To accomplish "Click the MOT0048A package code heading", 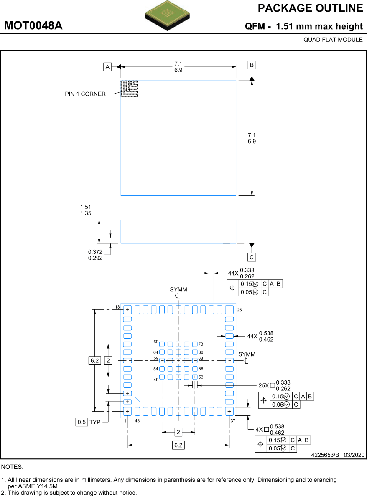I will coord(33,26).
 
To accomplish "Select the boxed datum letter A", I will coord(108,66).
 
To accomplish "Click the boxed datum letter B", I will coord(252,65).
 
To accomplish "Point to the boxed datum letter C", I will coord(252,257).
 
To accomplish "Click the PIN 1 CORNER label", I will coord(85,94).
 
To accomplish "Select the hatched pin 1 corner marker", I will coord(129,89).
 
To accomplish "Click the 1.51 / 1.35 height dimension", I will coord(86,210).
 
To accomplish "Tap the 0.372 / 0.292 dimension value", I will coord(95,255).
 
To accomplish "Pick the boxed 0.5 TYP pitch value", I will coord(82,422).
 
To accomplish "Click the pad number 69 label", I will coord(156,342).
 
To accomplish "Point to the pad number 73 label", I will coord(201,344).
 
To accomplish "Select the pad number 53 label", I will coord(201,377).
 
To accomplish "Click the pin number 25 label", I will coord(240,310).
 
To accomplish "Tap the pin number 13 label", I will coord(117,307).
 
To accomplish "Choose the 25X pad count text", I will coord(264,385).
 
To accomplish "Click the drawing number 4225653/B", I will coord(325,455).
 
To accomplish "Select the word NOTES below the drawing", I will coord(13,467).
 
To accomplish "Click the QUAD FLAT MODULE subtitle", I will coord(333,40).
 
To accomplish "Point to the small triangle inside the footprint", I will coord(137,400).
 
